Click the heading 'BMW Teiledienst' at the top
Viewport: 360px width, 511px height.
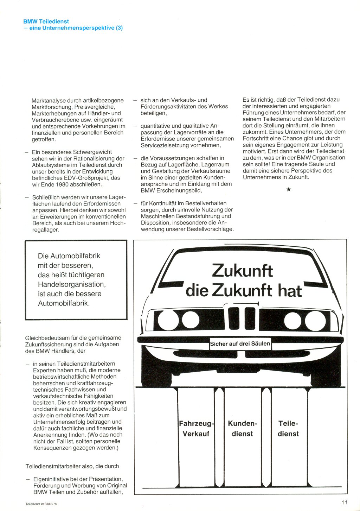(x=46, y=21)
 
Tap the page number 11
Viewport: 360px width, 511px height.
(x=344, y=502)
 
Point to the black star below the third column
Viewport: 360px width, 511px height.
(x=289, y=190)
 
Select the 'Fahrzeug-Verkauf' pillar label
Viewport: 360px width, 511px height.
(x=196, y=429)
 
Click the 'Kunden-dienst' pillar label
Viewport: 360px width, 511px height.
(x=242, y=429)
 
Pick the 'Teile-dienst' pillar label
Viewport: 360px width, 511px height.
(x=288, y=429)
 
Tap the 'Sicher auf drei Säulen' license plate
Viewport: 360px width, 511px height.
(x=240, y=344)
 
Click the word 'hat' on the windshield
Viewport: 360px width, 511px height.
(x=290, y=291)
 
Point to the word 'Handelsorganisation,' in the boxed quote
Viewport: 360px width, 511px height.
(x=72, y=284)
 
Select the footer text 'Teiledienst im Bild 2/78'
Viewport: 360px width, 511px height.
(x=41, y=504)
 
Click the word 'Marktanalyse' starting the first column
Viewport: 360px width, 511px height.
(x=48, y=101)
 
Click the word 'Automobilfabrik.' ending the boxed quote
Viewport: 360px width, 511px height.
(x=64, y=303)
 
